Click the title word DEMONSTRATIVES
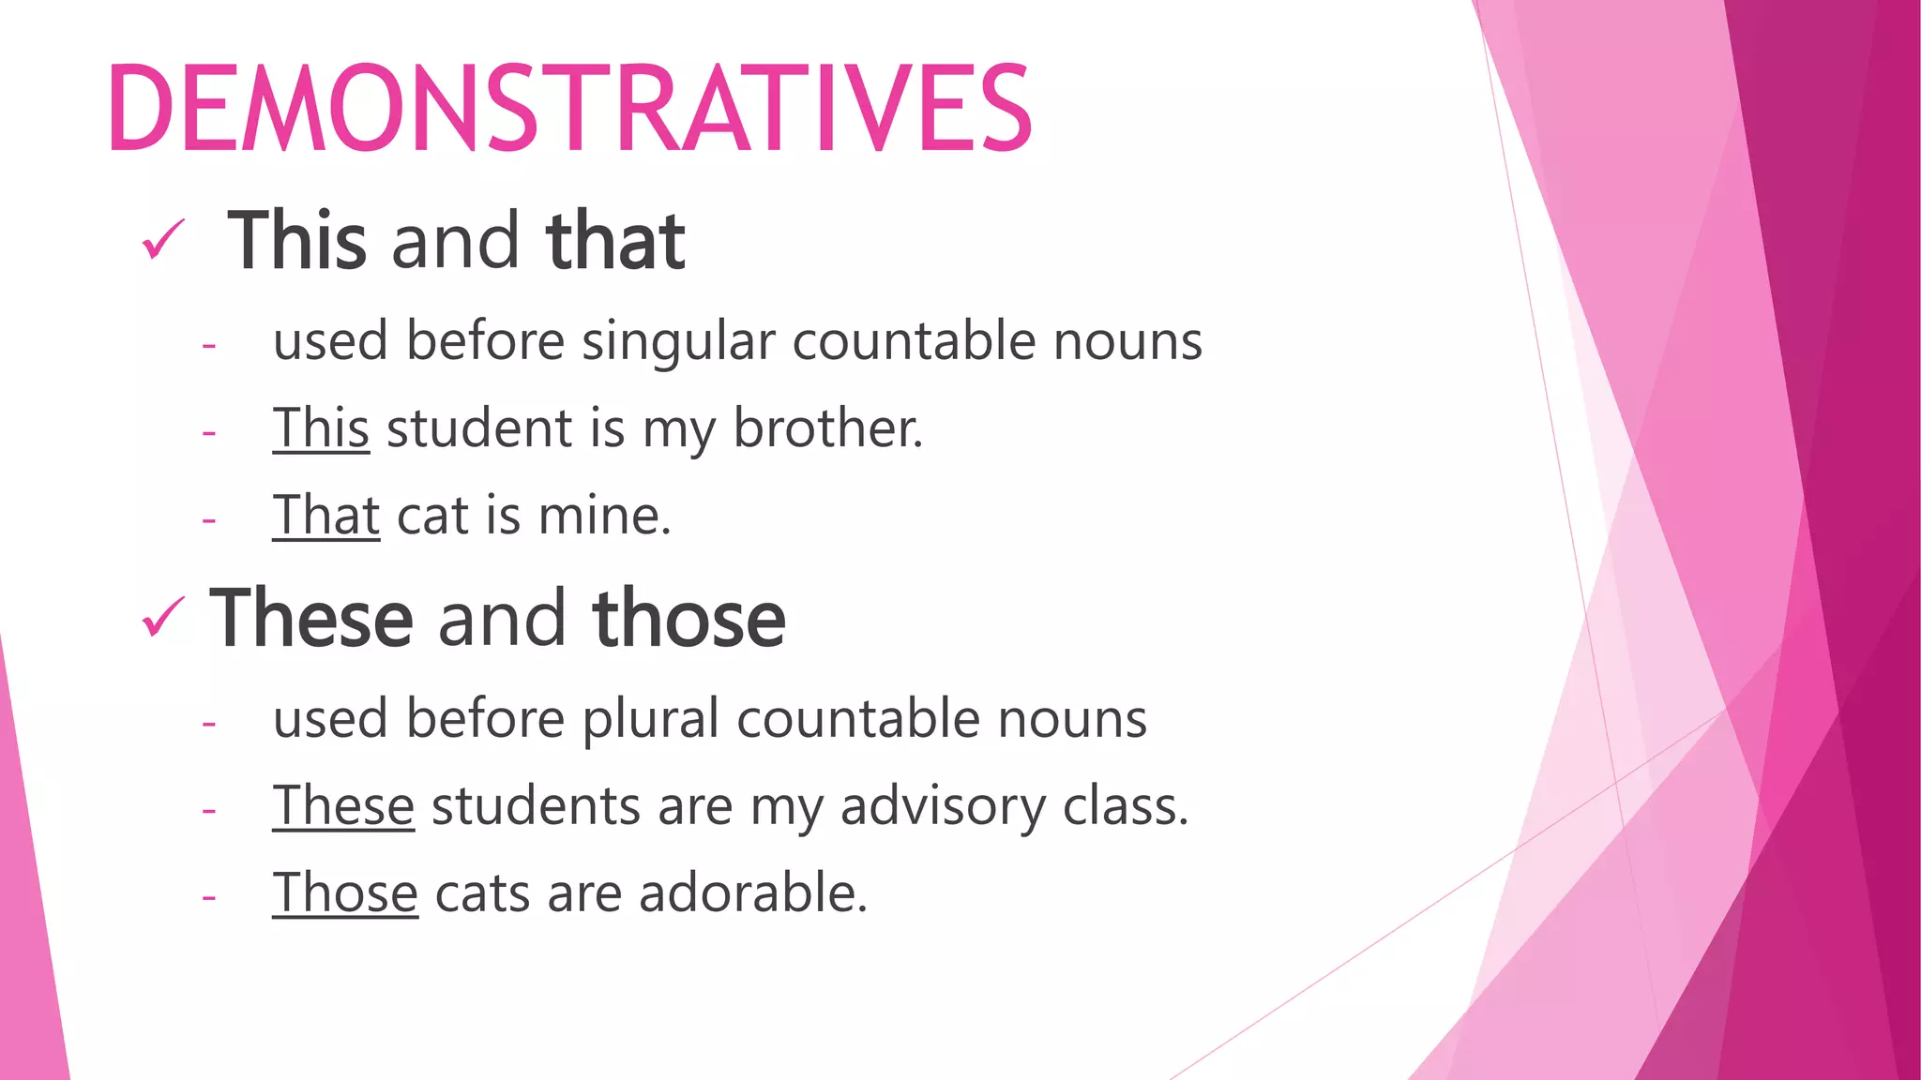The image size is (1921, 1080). (x=570, y=107)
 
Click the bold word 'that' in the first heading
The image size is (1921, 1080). (x=615, y=241)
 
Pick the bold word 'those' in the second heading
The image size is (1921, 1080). (x=689, y=619)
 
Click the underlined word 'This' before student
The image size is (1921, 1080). (x=321, y=428)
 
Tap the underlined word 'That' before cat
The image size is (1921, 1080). (x=325, y=516)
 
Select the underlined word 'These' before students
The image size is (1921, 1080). (x=343, y=806)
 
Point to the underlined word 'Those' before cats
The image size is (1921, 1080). (x=345, y=892)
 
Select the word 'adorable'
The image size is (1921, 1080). (x=751, y=892)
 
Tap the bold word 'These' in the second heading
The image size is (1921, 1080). (x=311, y=619)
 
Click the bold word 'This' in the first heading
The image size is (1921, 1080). (x=296, y=241)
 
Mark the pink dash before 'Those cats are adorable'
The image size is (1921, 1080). (x=209, y=897)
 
